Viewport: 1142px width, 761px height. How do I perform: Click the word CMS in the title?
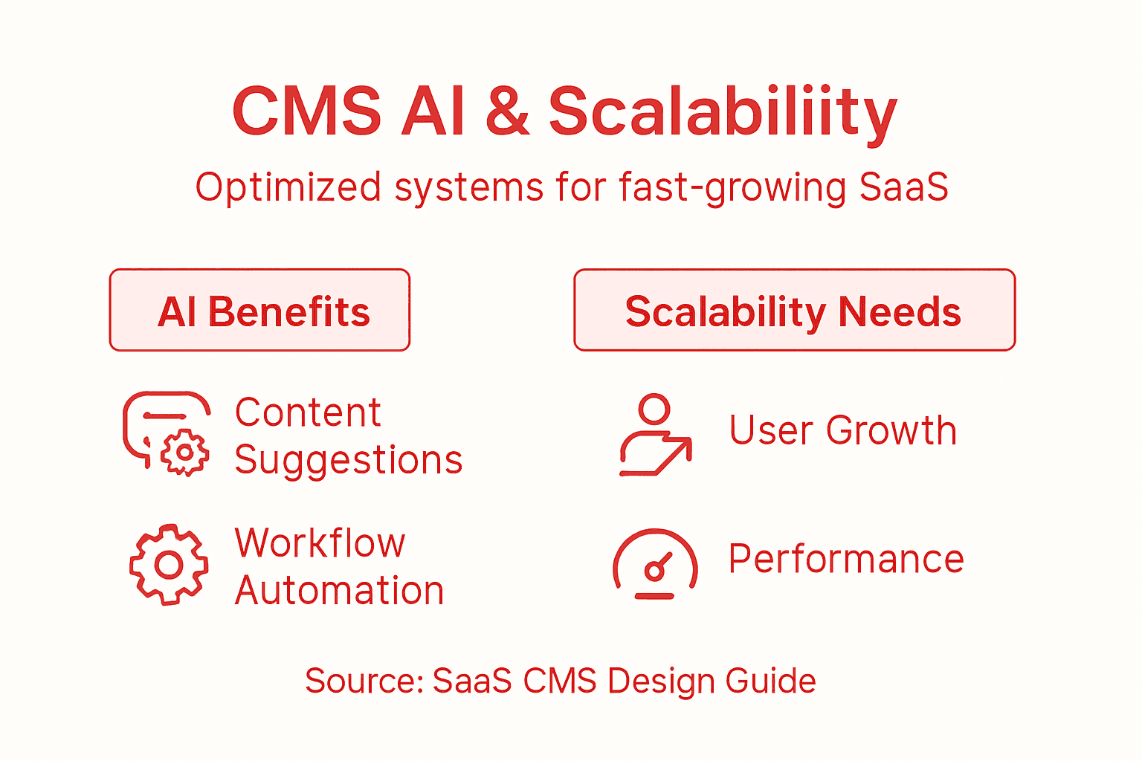click(306, 112)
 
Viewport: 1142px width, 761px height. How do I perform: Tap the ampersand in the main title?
click(507, 112)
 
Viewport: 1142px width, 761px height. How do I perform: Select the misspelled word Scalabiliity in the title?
click(722, 114)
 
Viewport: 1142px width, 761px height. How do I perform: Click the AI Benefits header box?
click(259, 310)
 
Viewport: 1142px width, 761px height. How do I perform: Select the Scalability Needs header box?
click(794, 310)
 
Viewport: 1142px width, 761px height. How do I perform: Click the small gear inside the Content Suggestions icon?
click(184, 452)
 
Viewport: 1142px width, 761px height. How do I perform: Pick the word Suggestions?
click(349, 461)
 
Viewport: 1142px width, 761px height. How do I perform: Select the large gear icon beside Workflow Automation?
click(169, 565)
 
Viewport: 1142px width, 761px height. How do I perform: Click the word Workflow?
click(320, 543)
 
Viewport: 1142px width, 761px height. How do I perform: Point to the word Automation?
click(339, 592)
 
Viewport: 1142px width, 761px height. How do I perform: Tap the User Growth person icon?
click(655, 435)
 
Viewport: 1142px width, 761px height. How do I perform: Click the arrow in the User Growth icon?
click(675, 454)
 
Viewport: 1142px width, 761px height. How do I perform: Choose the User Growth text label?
click(842, 431)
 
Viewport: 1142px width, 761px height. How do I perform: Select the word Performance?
click(845, 560)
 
